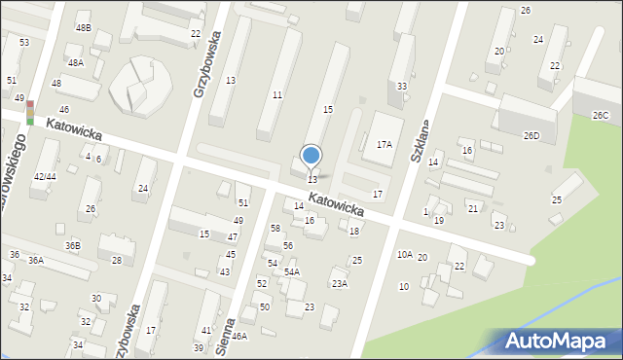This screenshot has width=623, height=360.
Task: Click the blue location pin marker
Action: pyautogui.click(x=311, y=156)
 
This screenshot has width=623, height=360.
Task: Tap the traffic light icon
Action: pyautogui.click(x=30, y=112)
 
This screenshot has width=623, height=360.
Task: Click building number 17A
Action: pyautogui.click(x=385, y=144)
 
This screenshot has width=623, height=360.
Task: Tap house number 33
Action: pyautogui.click(x=402, y=87)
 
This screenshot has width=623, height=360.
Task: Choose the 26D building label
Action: pyautogui.click(x=531, y=135)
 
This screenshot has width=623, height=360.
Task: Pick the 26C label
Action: pyautogui.click(x=601, y=116)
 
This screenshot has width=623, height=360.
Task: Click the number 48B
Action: pyautogui.click(x=84, y=28)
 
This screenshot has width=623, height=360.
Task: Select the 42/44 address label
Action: pyautogui.click(x=45, y=176)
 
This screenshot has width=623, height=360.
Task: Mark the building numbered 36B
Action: pyautogui.click(x=73, y=245)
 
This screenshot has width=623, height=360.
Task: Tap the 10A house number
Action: pyautogui.click(x=404, y=255)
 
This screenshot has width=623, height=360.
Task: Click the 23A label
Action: pyautogui.click(x=339, y=284)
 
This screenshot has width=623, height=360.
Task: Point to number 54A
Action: pyautogui.click(x=292, y=272)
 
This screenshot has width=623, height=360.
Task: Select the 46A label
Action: pyautogui.click(x=239, y=336)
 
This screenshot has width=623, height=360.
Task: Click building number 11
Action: pyautogui.click(x=277, y=94)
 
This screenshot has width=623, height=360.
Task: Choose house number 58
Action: pyautogui.click(x=275, y=228)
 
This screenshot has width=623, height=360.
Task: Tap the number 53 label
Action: pyautogui.click(x=23, y=43)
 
